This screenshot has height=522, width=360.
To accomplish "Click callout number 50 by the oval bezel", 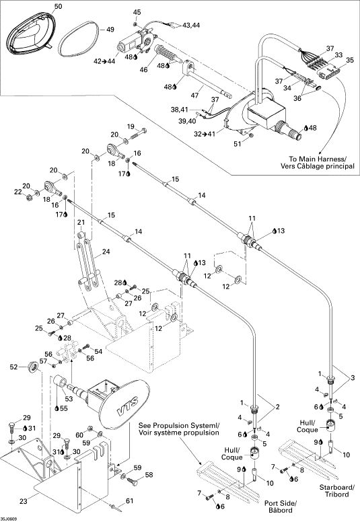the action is pyautogui.click(x=58, y=7).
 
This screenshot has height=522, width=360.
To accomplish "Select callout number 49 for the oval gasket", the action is pyautogui.click(x=110, y=30).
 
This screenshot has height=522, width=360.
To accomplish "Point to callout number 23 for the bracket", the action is pyautogui.click(x=24, y=500).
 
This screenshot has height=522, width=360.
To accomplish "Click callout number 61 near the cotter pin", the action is pyautogui.click(x=129, y=500).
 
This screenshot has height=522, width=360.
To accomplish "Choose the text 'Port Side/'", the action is pyautogui.click(x=280, y=502).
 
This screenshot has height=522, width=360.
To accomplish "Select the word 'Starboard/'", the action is pyautogui.click(x=337, y=487).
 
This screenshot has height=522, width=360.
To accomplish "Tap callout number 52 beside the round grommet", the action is pyautogui.click(x=13, y=367).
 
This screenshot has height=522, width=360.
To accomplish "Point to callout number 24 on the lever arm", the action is pyautogui.click(x=106, y=252).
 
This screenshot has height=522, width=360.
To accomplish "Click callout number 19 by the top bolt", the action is pyautogui.click(x=131, y=126).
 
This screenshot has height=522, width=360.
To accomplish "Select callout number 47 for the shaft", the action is pyautogui.click(x=194, y=96).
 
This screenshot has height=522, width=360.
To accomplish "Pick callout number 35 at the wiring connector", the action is pyautogui.click(x=350, y=61).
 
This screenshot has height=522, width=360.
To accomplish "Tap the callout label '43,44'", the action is pyautogui.click(x=191, y=25).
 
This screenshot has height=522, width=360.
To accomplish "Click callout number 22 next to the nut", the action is pyautogui.click(x=17, y=192).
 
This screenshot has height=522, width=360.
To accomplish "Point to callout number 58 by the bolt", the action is pyautogui.click(x=149, y=474).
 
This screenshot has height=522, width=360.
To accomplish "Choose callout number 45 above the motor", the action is pyautogui.click(x=137, y=12).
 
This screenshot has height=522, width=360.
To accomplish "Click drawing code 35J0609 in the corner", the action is pyautogui.click(x=9, y=519).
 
